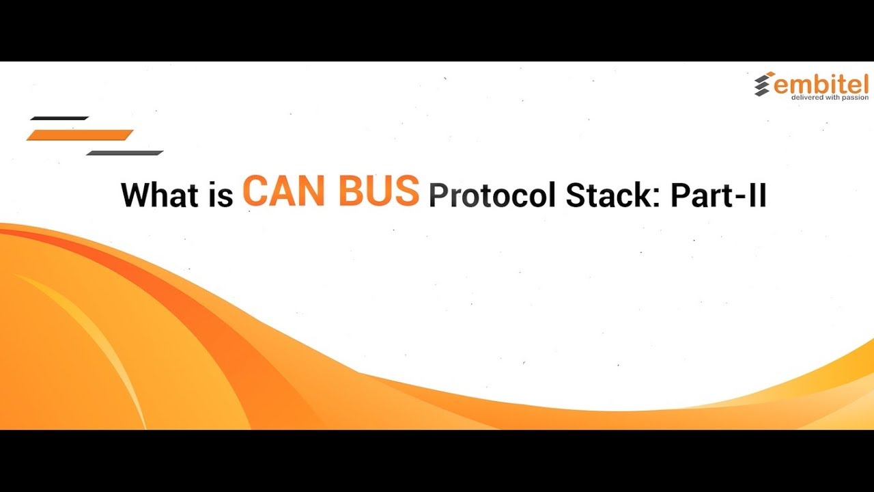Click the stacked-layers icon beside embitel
click(763, 84)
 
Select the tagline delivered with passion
click(830, 98)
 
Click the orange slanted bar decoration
click(80, 135)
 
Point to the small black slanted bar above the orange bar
click(59, 118)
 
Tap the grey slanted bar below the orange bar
click(125, 152)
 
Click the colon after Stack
click(659, 198)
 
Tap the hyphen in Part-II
click(739, 197)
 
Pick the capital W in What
click(137, 195)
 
